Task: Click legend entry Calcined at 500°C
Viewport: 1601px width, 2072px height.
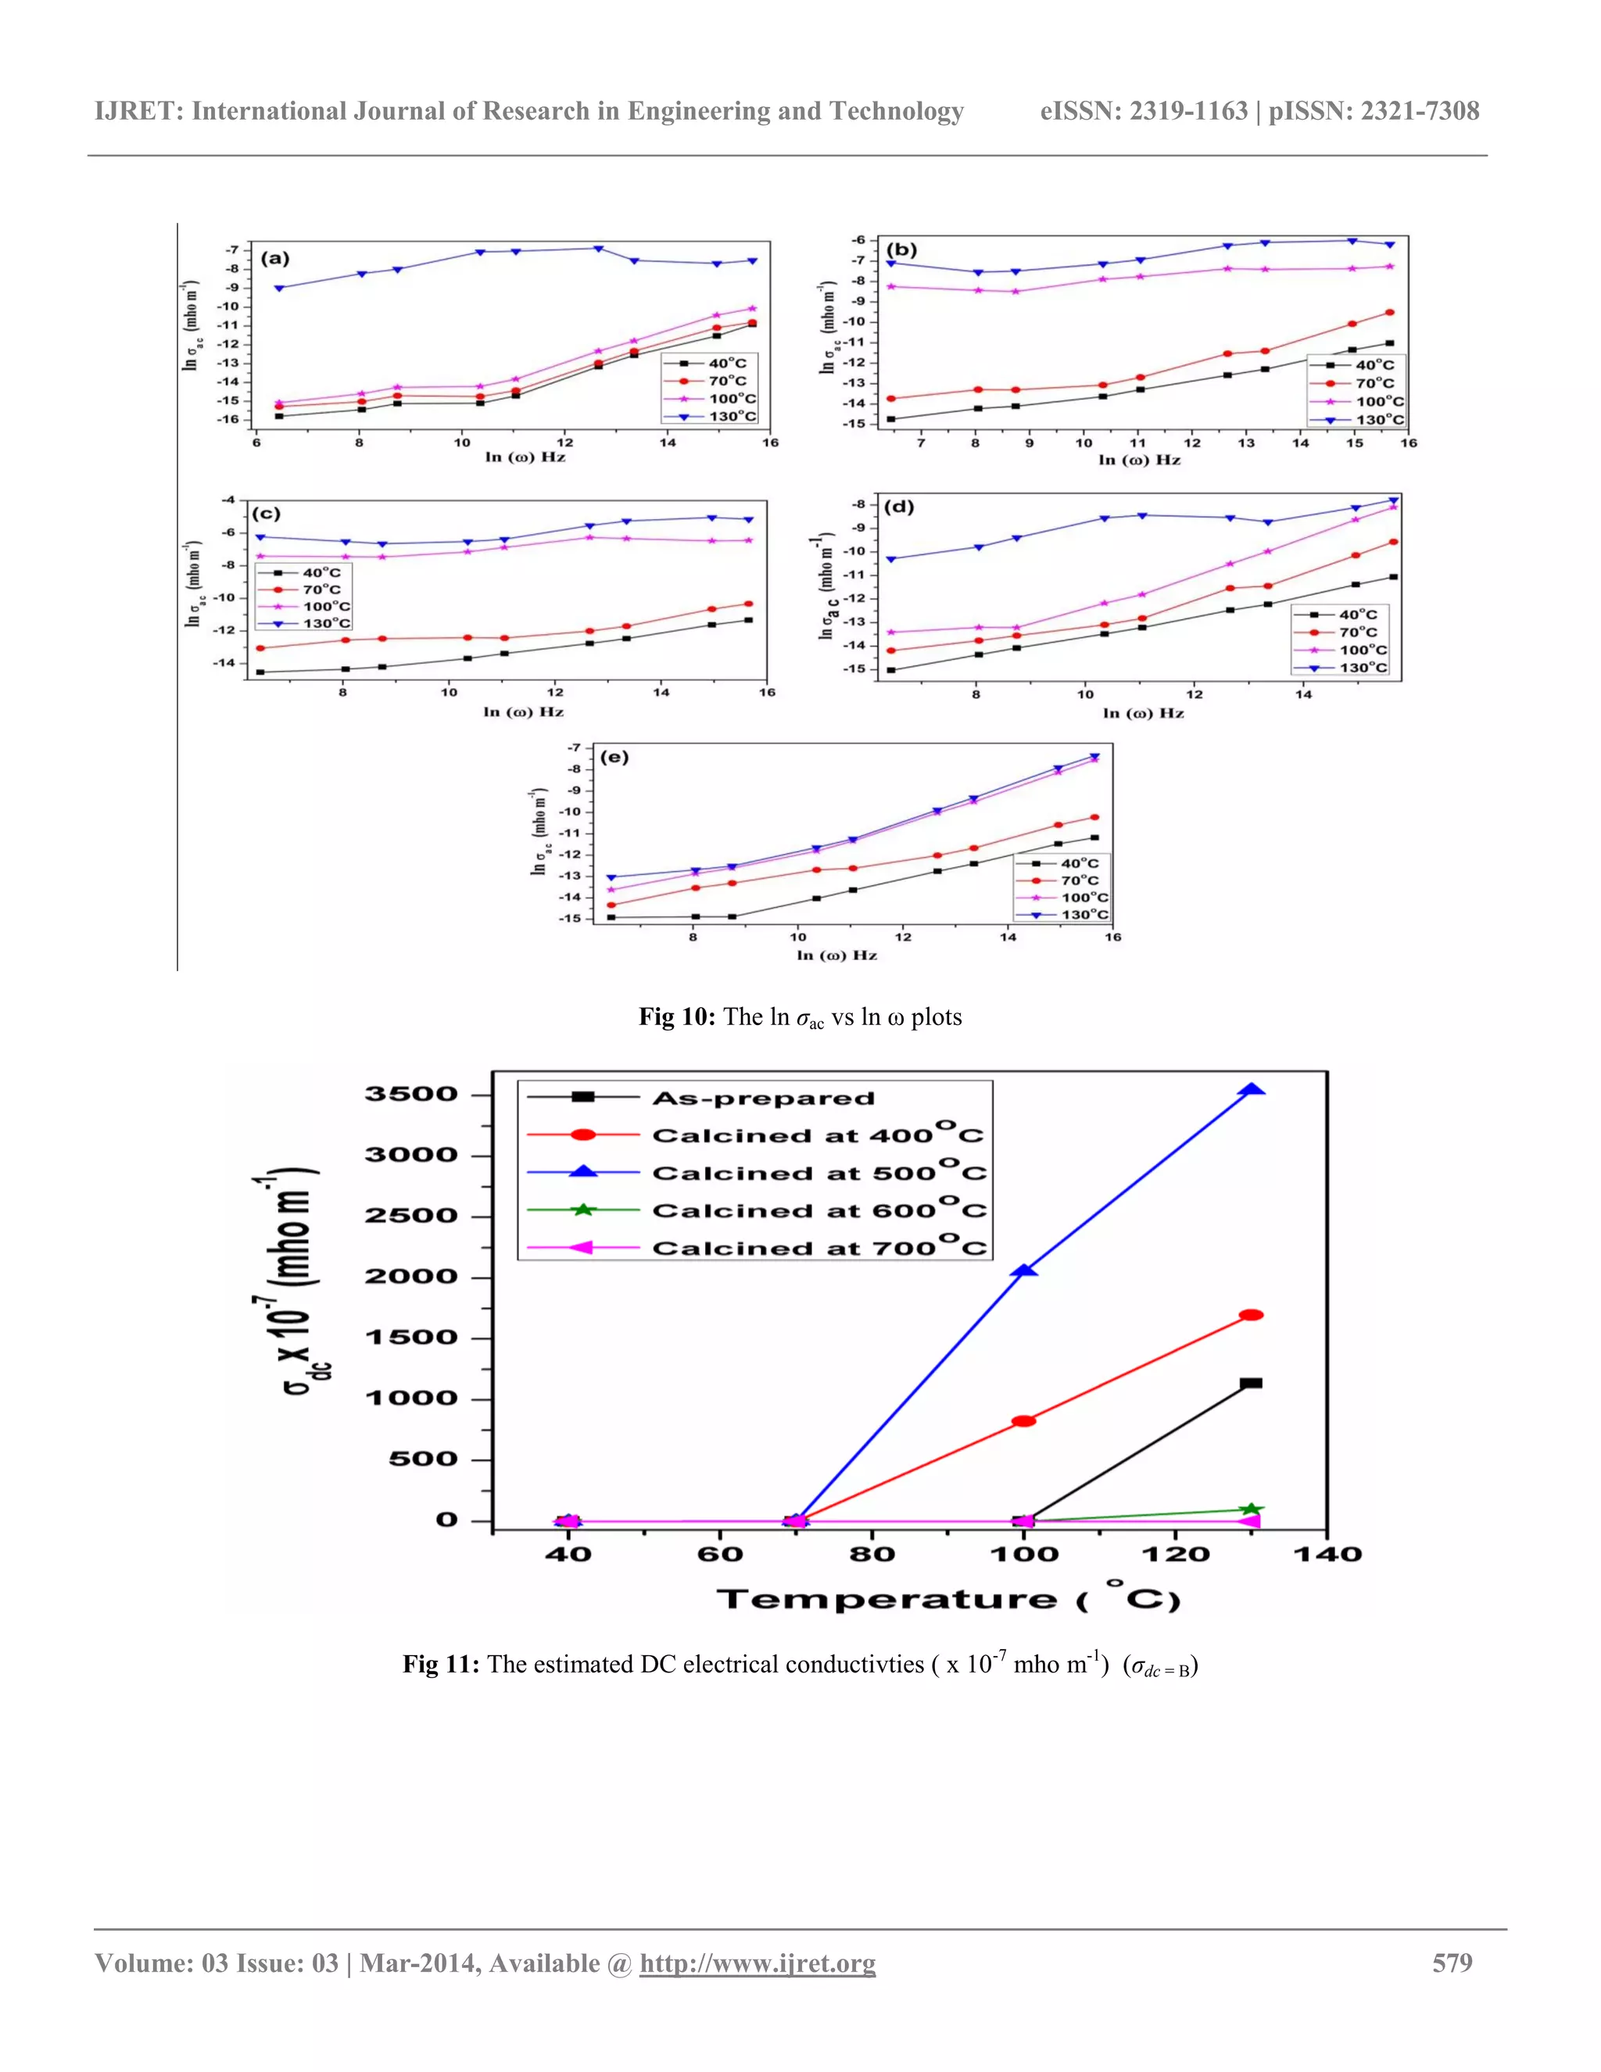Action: (x=818, y=1174)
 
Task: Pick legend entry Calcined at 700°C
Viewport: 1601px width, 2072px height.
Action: (x=818, y=1249)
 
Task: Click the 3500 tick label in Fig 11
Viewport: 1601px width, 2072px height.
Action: (x=410, y=1094)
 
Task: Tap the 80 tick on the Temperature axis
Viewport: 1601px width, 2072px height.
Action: (x=872, y=1554)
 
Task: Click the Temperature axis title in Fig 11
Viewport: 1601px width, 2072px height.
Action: (x=947, y=1600)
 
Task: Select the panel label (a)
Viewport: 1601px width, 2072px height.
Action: (x=275, y=258)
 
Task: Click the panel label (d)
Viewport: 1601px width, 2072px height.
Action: (x=898, y=507)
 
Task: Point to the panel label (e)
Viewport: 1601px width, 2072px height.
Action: (x=614, y=757)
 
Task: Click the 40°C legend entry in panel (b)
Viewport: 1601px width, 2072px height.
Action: (x=1373, y=365)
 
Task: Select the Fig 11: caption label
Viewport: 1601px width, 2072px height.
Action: (x=441, y=1664)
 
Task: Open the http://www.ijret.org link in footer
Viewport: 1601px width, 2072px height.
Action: (x=757, y=1963)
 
